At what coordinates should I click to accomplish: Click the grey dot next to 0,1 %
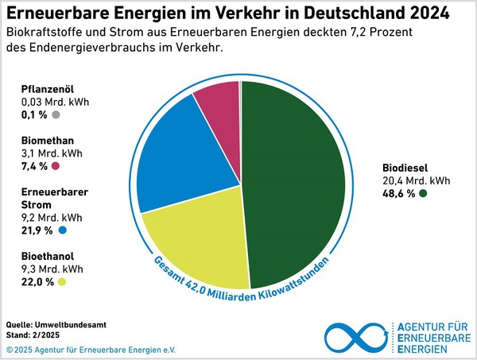pyautogui.click(x=56, y=115)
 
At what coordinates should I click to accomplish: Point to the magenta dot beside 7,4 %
pyautogui.click(x=56, y=166)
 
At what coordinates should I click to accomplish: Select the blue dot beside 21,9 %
pyautogui.click(x=62, y=230)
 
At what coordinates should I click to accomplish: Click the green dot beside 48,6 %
pyautogui.click(x=424, y=194)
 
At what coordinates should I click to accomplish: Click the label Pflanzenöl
pyautogui.click(x=47, y=90)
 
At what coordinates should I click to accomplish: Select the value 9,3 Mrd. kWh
pyautogui.click(x=52, y=269)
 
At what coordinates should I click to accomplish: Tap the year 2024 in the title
pyautogui.click(x=425, y=14)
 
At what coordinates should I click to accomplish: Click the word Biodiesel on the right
pyautogui.click(x=405, y=168)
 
